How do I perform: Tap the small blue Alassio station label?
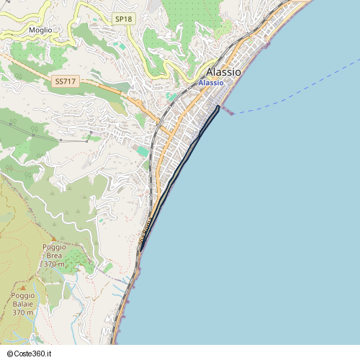point(210,84)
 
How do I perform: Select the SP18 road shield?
point(124,19)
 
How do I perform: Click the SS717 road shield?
point(65,82)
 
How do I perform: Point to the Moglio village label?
point(40,30)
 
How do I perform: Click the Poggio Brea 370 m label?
point(54,256)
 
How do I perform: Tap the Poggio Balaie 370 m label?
point(23,305)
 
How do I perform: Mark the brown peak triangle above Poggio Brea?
point(53,239)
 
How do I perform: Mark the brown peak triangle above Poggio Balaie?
point(22,287)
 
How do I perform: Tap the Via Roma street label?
point(145,233)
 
